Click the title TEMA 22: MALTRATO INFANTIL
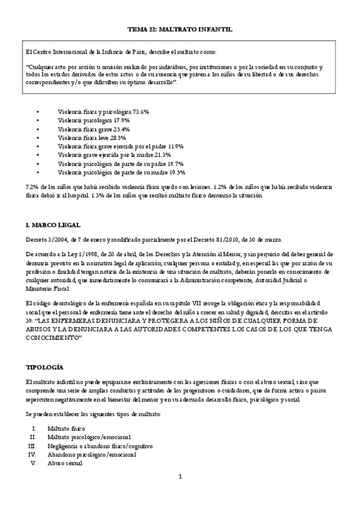[180, 29]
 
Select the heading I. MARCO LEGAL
[53, 225]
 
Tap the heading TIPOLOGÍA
[45, 367]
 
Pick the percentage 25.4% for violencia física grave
[120, 129]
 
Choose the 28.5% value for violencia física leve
[117, 138]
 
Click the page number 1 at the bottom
[179, 477]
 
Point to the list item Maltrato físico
[67, 428]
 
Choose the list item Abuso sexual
[65, 463]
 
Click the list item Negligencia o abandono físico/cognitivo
[100, 446]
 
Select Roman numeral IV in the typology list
[32, 455]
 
